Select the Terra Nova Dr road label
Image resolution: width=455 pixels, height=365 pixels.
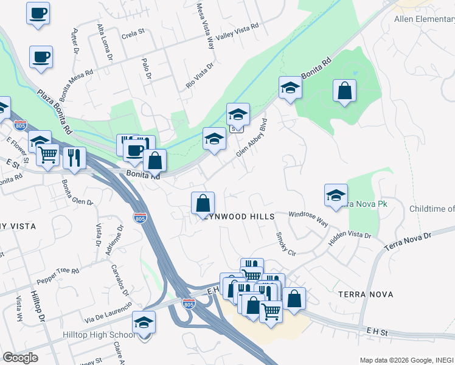tap(407, 242)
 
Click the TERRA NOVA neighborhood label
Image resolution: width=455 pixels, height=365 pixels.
tap(365, 294)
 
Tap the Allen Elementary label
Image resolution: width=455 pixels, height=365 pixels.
tap(424, 19)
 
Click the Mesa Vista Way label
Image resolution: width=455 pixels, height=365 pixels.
tap(206, 25)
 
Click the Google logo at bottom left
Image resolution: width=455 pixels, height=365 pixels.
tap(20, 357)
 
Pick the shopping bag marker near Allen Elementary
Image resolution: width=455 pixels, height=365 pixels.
tap(344, 91)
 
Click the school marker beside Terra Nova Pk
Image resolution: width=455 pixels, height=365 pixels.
tap(336, 195)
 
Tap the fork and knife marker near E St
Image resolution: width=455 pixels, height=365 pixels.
tap(74, 158)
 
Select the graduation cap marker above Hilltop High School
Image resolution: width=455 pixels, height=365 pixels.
tap(144, 322)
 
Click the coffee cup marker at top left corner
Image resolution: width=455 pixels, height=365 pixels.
tap(38, 13)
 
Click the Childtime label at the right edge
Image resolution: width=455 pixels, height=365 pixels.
tap(432, 209)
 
